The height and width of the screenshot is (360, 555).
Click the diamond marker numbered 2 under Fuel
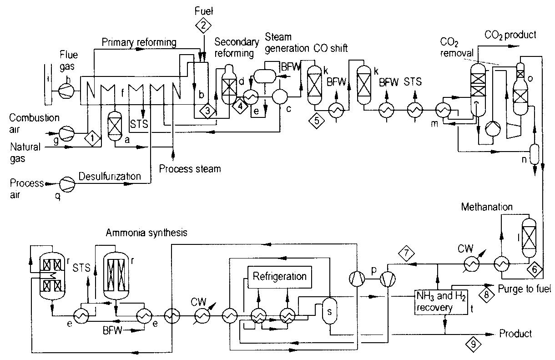coord(201,25)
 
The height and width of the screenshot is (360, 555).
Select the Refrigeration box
coord(279,276)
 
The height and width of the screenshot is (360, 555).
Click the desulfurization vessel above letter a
coord(112,123)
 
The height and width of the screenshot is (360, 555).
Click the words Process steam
coord(190,169)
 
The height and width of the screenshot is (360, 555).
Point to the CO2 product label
coord(510,35)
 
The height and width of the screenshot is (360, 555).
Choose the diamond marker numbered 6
coord(535,269)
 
